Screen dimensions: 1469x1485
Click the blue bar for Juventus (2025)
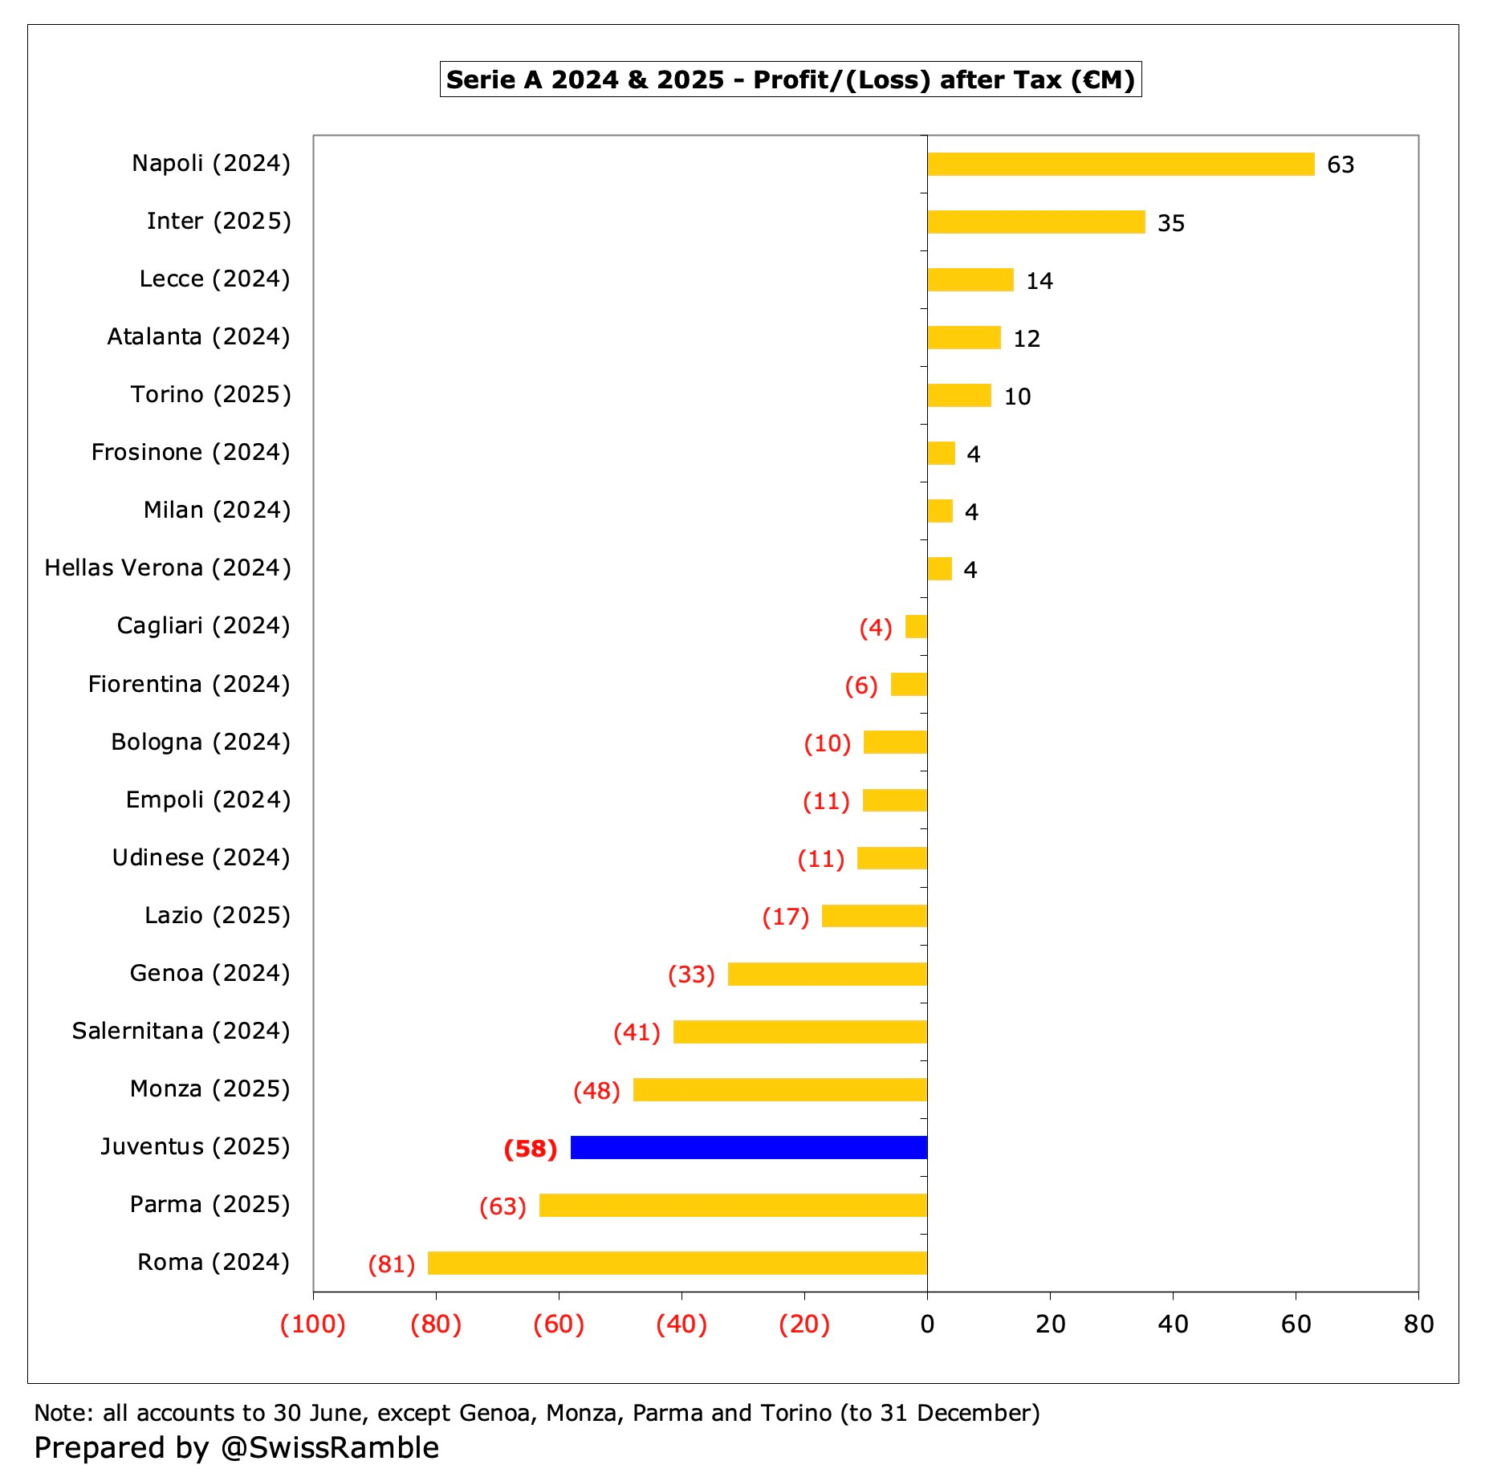(748, 1147)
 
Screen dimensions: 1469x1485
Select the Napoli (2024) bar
(1120, 164)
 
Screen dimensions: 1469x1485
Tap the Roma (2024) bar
(677, 1263)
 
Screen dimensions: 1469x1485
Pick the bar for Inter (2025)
(1035, 222)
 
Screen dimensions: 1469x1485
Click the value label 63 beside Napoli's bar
(1340, 165)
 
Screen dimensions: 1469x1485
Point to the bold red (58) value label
(530, 1149)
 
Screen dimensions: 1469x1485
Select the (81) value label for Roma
(391, 1264)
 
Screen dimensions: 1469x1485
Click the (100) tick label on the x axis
(312, 1324)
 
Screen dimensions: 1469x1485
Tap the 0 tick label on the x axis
(927, 1324)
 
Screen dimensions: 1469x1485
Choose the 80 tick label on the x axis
(1418, 1324)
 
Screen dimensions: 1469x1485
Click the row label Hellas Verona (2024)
(167, 568)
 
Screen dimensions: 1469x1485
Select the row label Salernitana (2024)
(181, 1031)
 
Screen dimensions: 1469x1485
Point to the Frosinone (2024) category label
(190, 453)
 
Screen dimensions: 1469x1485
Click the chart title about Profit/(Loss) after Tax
(790, 79)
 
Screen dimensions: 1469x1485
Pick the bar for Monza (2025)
(779, 1089)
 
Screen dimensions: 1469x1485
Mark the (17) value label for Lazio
(785, 917)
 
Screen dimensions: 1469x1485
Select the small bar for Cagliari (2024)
(916, 626)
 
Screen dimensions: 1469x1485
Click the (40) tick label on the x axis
(681, 1324)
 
